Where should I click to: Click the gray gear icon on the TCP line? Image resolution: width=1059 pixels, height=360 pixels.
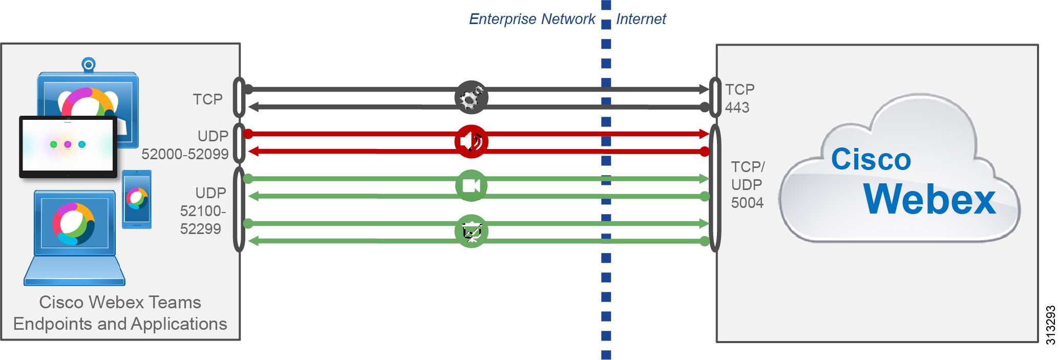471,97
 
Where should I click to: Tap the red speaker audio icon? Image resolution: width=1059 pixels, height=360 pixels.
471,142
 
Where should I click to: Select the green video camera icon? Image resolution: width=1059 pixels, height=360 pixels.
471,186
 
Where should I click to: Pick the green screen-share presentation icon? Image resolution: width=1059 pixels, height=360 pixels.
471,231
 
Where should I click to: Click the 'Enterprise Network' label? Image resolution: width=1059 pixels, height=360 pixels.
532,19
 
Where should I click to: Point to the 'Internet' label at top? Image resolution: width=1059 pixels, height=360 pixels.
641,19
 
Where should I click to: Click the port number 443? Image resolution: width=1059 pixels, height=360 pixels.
737,108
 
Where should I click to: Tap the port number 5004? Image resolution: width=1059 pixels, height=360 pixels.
747,203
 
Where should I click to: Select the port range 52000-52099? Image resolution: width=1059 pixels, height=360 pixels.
185,154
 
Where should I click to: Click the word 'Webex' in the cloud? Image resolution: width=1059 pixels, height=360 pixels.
929,199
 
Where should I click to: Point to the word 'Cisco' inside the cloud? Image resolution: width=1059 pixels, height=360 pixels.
871,159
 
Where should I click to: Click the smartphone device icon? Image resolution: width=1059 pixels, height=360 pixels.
137,199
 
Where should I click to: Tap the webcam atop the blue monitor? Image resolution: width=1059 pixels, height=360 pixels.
89,65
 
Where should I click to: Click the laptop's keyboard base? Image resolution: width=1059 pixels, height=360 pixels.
75,271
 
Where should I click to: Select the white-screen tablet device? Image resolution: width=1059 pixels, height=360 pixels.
68,146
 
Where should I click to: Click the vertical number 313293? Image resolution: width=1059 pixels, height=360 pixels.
1050,325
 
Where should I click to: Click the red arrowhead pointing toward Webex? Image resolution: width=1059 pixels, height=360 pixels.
704,134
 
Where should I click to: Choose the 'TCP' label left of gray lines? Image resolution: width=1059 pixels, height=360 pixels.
207,99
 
